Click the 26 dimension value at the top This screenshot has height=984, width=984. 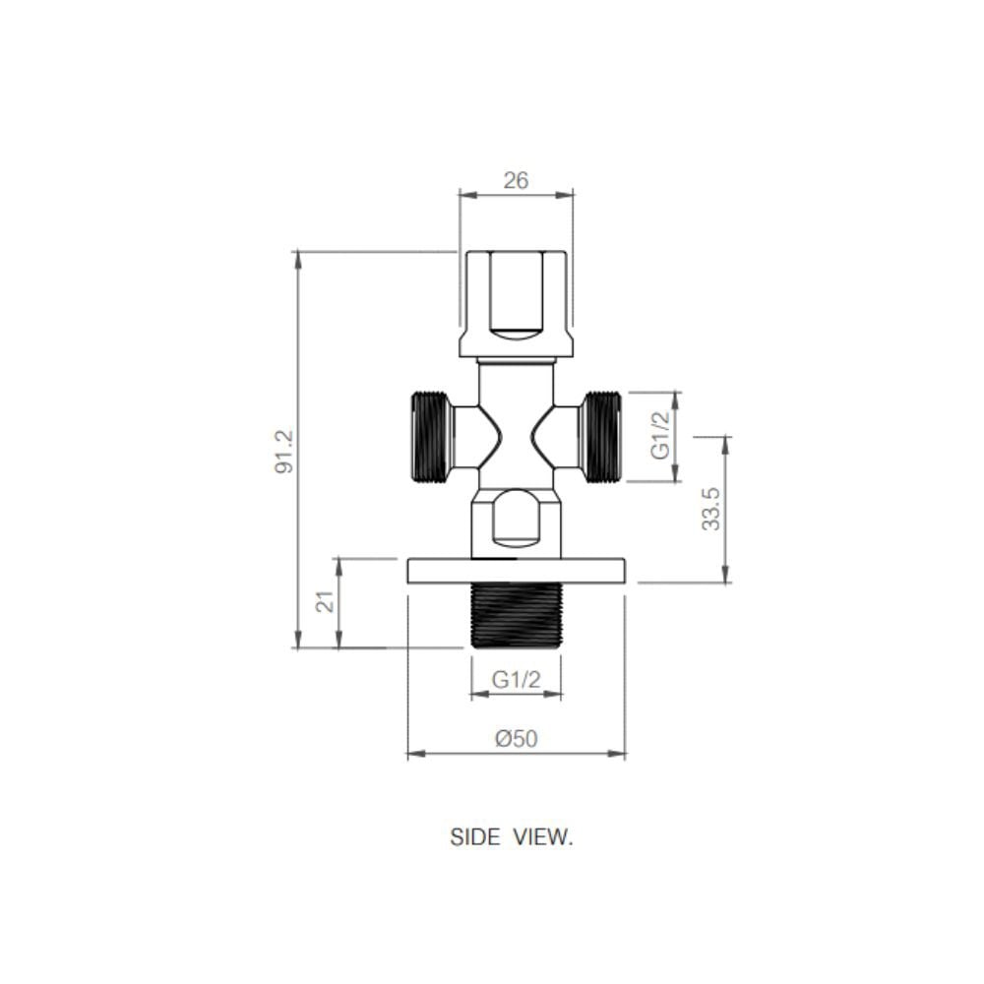pos(516,181)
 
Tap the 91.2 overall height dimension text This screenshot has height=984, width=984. pos(284,452)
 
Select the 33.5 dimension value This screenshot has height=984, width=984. pos(711,509)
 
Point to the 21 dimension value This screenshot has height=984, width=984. pos(325,602)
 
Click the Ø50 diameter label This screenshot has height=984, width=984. pos(516,738)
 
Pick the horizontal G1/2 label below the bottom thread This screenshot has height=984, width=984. pos(516,679)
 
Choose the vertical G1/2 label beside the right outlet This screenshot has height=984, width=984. pos(661,435)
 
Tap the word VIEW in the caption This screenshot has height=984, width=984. pos(543,837)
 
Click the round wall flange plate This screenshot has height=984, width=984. pos(516,571)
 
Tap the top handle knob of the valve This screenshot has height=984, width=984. pos(516,304)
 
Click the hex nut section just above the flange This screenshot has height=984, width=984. pos(516,523)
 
